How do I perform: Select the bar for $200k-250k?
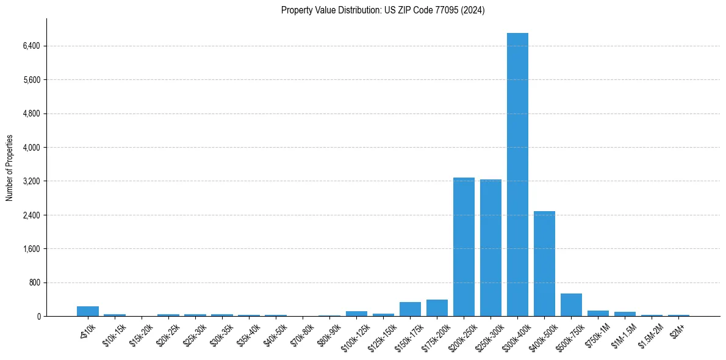[x=464, y=247]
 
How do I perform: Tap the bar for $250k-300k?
[x=491, y=248]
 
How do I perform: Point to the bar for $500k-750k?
[x=571, y=305]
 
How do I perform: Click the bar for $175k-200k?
[x=437, y=308]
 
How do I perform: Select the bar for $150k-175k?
[x=410, y=309]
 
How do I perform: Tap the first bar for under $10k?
[x=88, y=311]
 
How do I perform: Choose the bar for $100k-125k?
[x=356, y=314]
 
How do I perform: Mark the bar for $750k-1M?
[x=598, y=314]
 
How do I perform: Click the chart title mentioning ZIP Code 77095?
[x=383, y=10]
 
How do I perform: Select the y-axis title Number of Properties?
[x=10, y=168]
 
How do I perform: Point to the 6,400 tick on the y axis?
[x=31, y=46]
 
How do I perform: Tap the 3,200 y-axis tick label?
[x=31, y=181]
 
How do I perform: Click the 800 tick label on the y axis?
[x=34, y=283]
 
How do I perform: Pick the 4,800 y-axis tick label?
[x=31, y=113]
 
